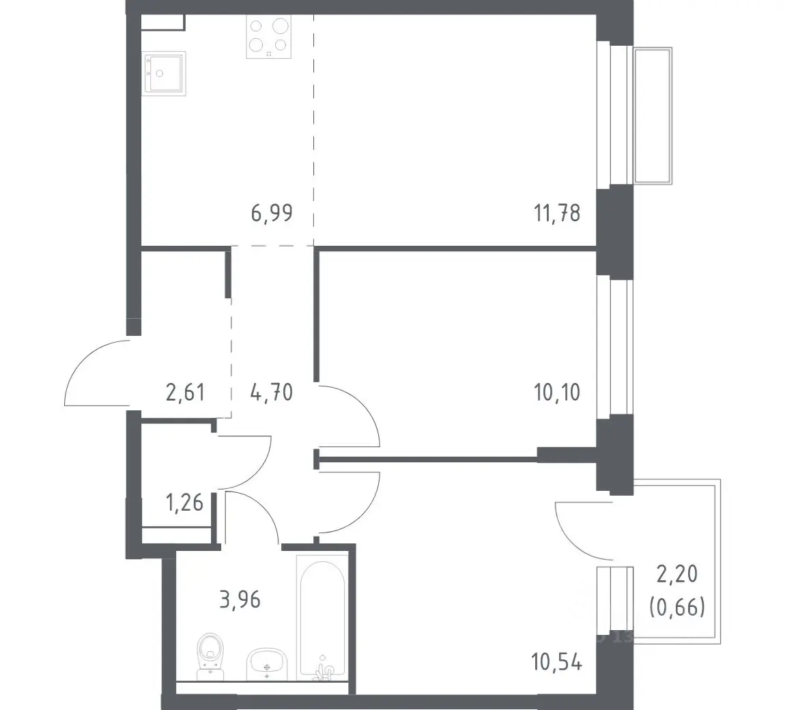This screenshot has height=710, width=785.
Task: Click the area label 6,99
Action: coord(272,213)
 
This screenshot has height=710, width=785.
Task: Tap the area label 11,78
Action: coord(557,213)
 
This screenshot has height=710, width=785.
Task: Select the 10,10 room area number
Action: coord(557,393)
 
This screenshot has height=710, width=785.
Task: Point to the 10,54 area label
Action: coord(557,662)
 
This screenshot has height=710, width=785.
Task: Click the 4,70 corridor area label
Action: coord(272,393)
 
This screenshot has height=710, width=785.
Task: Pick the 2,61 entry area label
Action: coord(185,393)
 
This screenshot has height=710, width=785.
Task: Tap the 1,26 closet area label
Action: coord(185,502)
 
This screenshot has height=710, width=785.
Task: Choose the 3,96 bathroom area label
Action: coord(240,599)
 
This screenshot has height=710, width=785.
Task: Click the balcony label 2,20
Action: coord(677,574)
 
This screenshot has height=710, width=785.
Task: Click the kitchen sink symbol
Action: coord(165,74)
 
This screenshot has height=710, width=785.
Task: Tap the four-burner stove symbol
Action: coord(269,37)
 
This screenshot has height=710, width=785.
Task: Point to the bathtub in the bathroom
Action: coord(322,618)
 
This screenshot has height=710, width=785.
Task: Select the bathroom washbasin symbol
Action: coord(267,664)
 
